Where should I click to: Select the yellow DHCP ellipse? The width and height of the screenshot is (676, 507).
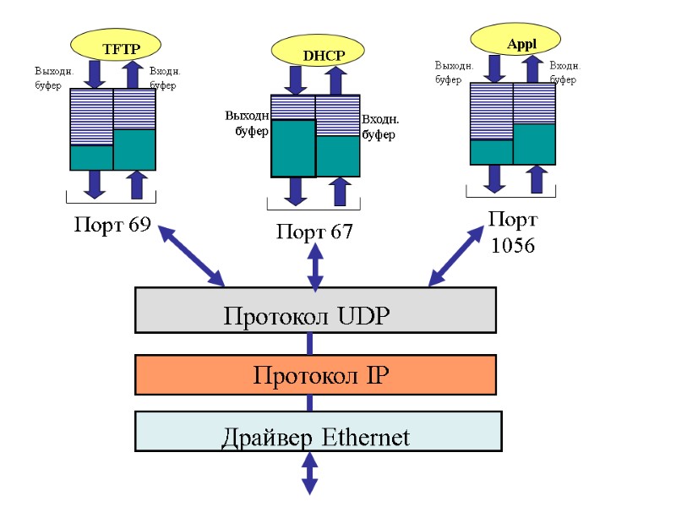314,53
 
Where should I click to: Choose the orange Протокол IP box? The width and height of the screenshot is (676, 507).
315,374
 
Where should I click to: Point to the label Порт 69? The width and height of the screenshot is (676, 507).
106,226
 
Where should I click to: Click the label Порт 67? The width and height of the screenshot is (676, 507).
314,232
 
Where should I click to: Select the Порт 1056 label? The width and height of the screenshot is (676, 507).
512,232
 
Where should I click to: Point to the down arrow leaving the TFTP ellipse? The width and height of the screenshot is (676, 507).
95,74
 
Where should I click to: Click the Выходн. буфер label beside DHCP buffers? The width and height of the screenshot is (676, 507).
247,123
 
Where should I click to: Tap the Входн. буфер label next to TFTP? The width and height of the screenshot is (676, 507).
165,78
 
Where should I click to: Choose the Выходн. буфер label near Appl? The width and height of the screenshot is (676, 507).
453,73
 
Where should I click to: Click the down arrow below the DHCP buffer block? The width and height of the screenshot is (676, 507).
295,191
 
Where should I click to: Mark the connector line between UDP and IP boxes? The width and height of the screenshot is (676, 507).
310,344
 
